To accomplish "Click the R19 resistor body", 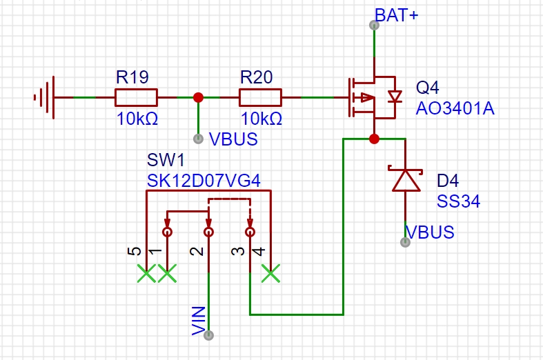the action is [136, 98].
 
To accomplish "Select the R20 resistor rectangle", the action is [260, 98].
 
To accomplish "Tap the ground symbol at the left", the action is [44, 98].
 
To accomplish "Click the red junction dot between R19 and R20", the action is [198, 98].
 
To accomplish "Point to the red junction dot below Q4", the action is [374, 139].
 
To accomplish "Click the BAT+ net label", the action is [397, 15].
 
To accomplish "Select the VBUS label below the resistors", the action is [233, 139].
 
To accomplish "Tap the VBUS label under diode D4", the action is [430, 232].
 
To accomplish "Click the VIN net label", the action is [199, 321].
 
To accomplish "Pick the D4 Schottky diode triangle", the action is [406, 180].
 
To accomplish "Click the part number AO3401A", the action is [455, 108].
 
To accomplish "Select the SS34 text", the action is [459, 201].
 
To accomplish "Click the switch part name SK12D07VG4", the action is [204, 181].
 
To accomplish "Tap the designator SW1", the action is [166, 160].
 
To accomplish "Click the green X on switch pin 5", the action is [146, 274].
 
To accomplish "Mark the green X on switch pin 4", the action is [270, 274].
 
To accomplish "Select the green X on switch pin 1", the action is [167, 274].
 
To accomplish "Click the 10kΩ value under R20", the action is [261, 119].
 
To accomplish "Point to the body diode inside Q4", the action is [395, 97].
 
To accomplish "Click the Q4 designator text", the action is [427, 88].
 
